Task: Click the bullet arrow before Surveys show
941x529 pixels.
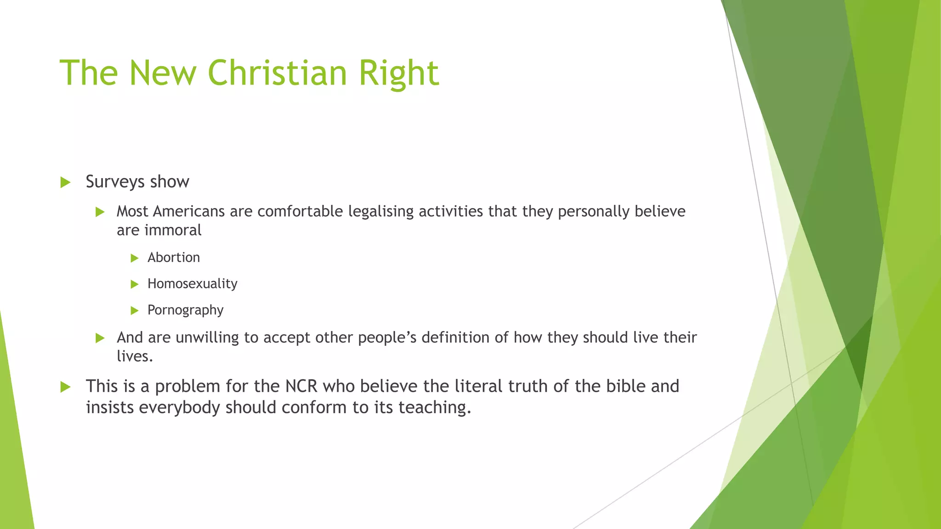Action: click(x=65, y=182)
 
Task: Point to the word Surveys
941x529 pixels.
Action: click(x=115, y=182)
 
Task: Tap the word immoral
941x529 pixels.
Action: click(x=173, y=230)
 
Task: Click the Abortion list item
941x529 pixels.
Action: click(x=174, y=258)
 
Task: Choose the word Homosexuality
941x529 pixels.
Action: click(x=192, y=284)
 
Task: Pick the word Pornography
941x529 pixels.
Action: click(x=185, y=310)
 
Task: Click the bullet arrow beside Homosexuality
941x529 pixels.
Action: click(x=135, y=284)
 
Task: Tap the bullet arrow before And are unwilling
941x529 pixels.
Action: click(x=100, y=338)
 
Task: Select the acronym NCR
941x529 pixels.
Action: click(x=301, y=386)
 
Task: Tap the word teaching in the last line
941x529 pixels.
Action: click(x=434, y=408)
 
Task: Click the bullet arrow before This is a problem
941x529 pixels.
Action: click(x=65, y=387)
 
